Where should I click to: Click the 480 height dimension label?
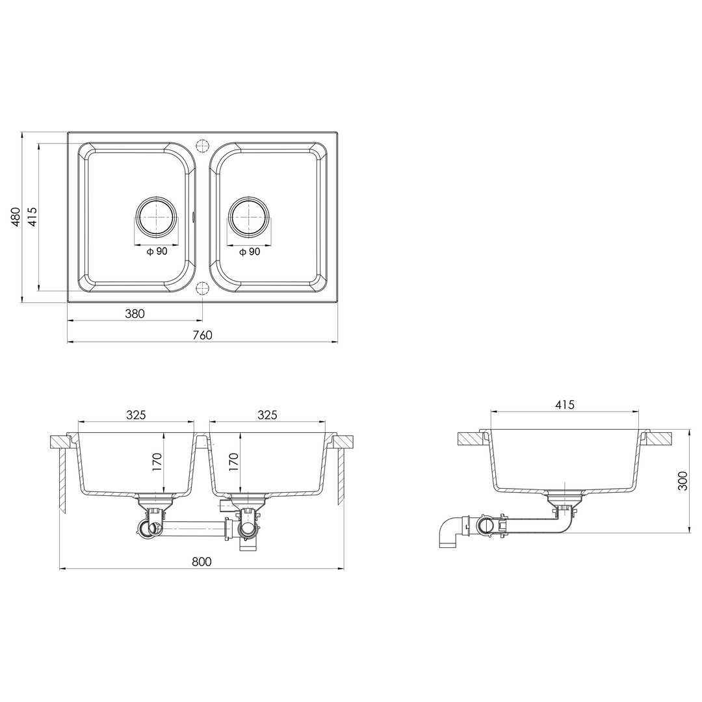pyautogui.click(x=16, y=216)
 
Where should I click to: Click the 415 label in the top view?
pyautogui.click(x=32, y=216)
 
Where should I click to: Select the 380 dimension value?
pyautogui.click(x=135, y=314)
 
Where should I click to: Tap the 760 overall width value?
pyautogui.click(x=202, y=335)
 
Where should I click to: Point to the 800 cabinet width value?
pyautogui.click(x=201, y=562)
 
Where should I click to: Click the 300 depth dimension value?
pyautogui.click(x=682, y=481)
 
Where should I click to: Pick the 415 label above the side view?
pyautogui.click(x=565, y=405)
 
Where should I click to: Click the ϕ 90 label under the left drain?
pyautogui.click(x=157, y=252)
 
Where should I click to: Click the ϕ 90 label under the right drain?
pyautogui.click(x=250, y=252)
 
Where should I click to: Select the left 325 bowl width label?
pyautogui.click(x=136, y=415)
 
